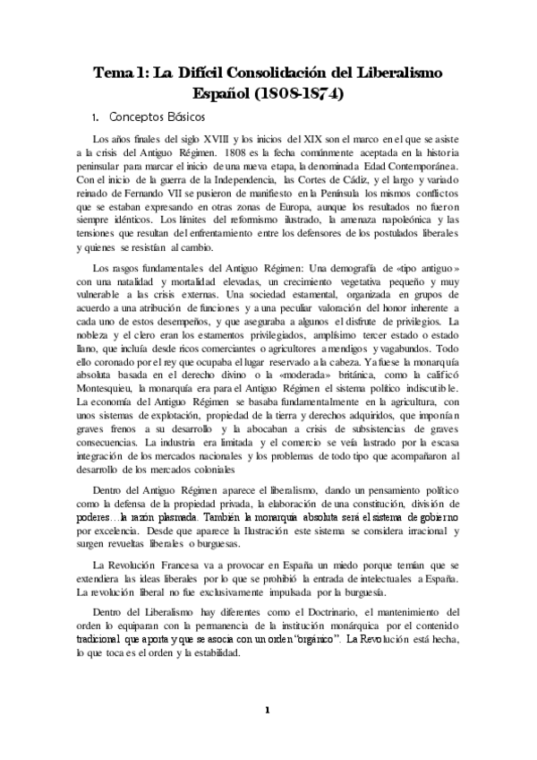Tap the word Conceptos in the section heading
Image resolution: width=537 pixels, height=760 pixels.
pyautogui.click(x=141, y=117)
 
